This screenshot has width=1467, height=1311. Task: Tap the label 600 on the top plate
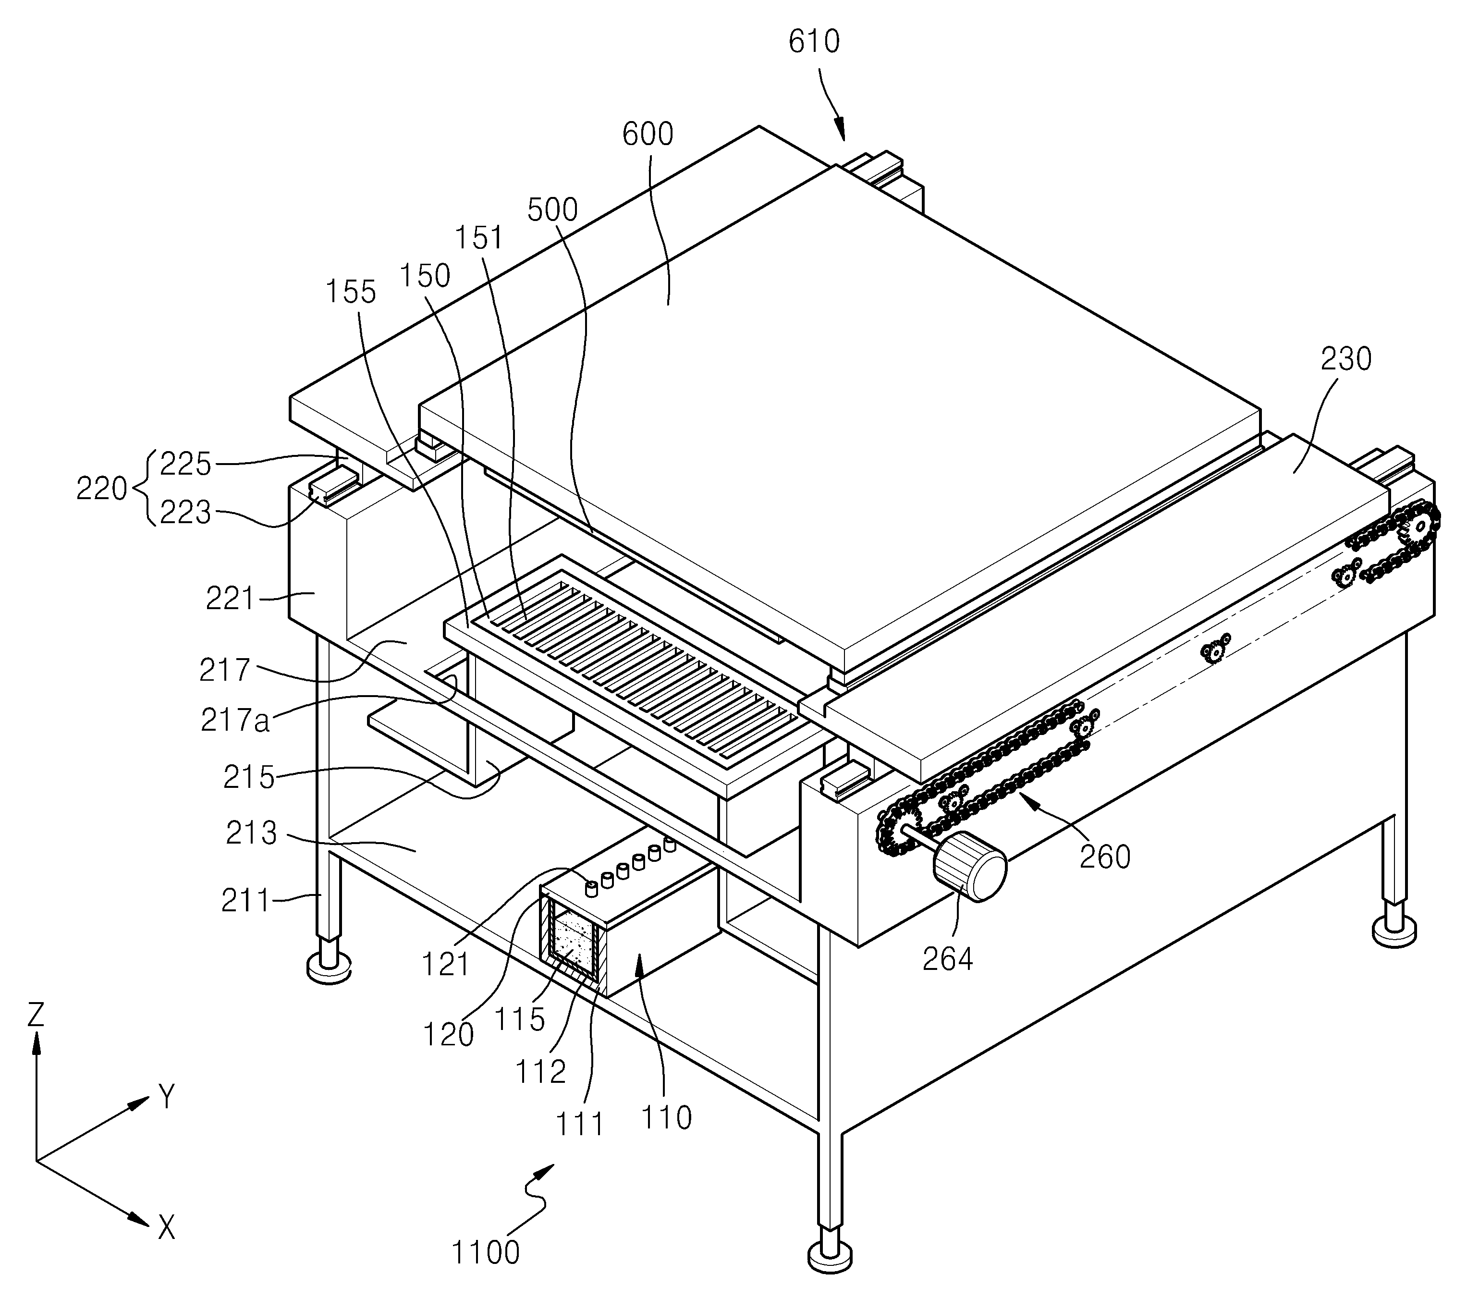(648, 134)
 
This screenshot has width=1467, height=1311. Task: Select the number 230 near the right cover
(1345, 359)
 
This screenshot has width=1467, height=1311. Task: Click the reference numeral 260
(1105, 857)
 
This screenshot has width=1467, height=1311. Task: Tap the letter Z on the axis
(35, 1015)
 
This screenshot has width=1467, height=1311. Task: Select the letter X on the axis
(166, 1227)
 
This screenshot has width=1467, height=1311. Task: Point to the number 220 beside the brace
(101, 489)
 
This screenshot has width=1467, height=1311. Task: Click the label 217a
(235, 720)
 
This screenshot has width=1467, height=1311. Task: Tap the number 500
(552, 209)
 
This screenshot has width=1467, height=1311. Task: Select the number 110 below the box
(666, 1117)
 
